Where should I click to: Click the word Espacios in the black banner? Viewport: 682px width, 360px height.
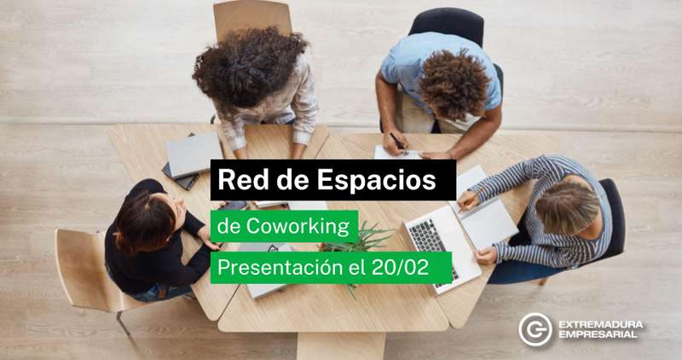coord(376,180)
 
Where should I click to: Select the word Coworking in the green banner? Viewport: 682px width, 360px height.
coord(298,226)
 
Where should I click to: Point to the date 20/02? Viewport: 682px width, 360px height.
coord(400,268)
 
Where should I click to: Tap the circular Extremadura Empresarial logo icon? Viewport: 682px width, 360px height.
coord(535,329)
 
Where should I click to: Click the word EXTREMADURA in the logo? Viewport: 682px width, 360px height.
coord(601,324)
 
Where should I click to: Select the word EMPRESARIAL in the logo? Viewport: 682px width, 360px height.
coord(598,334)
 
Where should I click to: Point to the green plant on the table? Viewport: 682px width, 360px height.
coord(356,241)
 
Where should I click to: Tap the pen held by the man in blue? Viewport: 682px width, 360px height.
coord(398,142)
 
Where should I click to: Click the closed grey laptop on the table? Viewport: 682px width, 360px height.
coord(194,154)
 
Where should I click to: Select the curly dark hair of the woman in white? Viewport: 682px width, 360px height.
coord(250,67)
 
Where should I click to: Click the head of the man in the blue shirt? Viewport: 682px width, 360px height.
coord(454,84)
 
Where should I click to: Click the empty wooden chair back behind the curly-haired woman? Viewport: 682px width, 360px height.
coord(252,17)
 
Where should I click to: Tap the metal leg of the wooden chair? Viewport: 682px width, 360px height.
coord(123,323)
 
